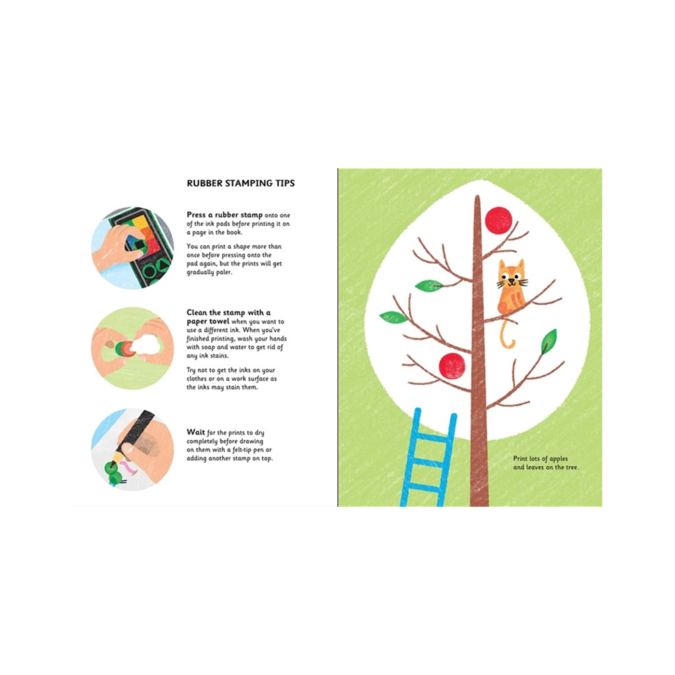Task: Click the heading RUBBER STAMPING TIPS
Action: point(241,183)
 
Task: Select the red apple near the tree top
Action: point(499,220)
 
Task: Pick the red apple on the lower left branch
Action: point(452,366)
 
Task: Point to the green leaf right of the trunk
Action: point(549,342)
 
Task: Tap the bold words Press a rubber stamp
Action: point(225,215)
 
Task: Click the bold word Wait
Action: point(196,432)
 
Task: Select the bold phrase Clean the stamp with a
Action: point(229,312)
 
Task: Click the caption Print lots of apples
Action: point(540,459)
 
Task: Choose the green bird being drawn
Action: point(114,473)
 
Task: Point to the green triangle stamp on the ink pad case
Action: point(164,265)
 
